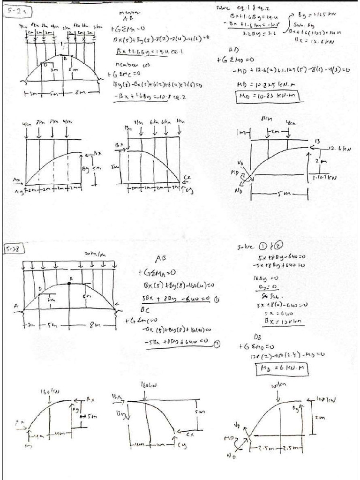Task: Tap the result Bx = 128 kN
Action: point(264,323)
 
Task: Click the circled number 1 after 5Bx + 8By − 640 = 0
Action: point(217,300)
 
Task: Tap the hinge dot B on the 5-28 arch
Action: point(70,284)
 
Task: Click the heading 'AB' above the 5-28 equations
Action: point(160,259)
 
